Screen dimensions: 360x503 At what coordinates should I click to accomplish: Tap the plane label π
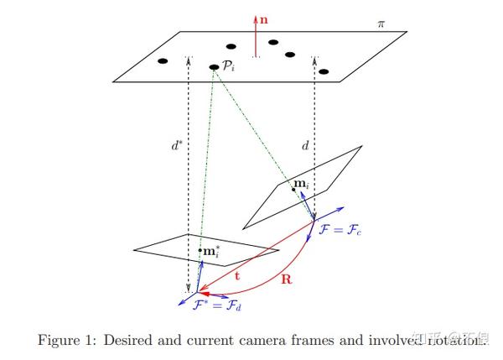[381, 24]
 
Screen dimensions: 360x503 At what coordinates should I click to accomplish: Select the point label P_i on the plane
[228, 65]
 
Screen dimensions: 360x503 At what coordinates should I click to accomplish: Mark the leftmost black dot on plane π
[163, 60]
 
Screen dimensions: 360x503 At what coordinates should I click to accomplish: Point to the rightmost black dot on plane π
[324, 71]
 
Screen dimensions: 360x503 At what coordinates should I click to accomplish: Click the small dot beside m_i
[293, 189]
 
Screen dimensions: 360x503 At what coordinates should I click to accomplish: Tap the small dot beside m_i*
[200, 250]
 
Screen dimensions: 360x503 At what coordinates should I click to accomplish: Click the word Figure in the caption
[58, 340]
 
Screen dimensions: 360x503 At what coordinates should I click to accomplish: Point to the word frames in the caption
[311, 340]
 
